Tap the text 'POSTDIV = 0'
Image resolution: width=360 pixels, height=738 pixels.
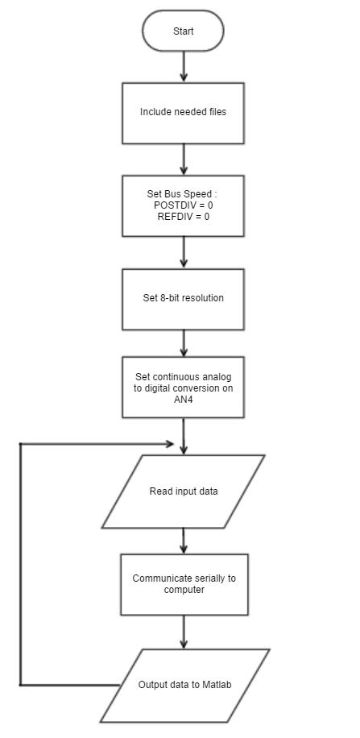[183, 205]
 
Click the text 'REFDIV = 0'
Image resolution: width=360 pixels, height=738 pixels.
[183, 217]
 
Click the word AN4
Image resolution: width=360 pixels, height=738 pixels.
[183, 400]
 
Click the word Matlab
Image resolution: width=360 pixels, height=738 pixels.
[217, 685]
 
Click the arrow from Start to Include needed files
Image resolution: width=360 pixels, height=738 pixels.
[184, 67]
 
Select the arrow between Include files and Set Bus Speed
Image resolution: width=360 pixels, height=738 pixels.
[184, 160]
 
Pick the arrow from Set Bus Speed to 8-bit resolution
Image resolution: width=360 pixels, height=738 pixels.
[184, 252]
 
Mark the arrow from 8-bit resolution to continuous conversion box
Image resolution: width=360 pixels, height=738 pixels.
[184, 343]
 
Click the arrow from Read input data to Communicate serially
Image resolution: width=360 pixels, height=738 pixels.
[184, 541]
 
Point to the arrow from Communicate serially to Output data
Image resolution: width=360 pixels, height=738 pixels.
[184, 632]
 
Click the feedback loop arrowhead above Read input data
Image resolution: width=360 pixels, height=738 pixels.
[170, 444]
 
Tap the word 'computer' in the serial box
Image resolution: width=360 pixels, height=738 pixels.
[184, 590]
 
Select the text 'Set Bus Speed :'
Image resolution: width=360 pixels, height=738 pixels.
[182, 194]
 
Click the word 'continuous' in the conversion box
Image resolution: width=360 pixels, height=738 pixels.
[178, 377]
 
